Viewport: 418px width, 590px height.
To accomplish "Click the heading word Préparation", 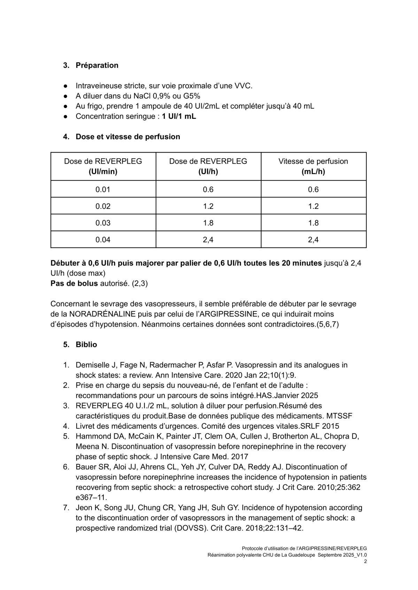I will [x=97, y=65].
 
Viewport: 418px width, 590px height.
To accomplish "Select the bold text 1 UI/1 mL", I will [x=179, y=116].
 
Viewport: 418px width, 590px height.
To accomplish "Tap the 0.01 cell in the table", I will [x=103, y=189].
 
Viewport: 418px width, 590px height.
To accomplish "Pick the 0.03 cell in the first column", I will [x=103, y=223].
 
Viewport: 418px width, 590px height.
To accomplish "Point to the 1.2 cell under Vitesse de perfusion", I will [x=313, y=206].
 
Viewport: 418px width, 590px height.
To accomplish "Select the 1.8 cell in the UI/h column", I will [x=208, y=223].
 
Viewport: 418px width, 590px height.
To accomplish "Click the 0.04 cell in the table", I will [x=103, y=240].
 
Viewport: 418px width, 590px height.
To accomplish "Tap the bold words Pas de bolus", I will [x=74, y=284].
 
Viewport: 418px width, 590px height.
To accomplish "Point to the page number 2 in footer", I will [x=365, y=561].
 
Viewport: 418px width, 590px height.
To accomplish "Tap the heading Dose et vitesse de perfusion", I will [x=128, y=137].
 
